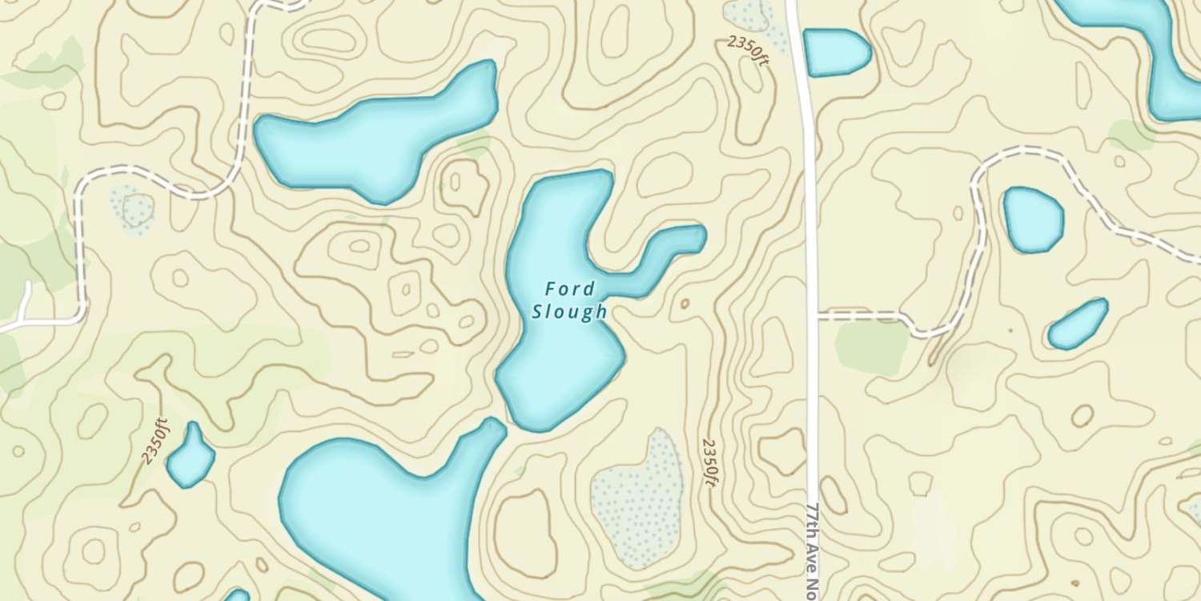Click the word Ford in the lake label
[x=570, y=288]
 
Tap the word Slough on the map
[x=570, y=312]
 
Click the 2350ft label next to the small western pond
[x=155, y=442]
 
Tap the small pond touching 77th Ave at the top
[x=835, y=51]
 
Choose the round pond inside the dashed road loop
[x=1033, y=219]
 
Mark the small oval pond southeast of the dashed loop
[x=1078, y=324]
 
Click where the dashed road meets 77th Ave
[x=814, y=314]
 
